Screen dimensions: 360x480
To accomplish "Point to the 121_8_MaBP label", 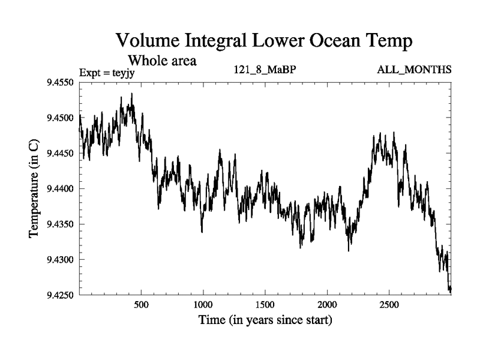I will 265,71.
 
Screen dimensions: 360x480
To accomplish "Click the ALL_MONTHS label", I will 414,71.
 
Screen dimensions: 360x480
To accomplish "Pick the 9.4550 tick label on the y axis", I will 60,82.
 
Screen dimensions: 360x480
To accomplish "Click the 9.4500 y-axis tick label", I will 60,118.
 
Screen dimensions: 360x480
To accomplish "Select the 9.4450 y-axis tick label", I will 60,153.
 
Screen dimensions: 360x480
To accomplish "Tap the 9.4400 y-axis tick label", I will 60,188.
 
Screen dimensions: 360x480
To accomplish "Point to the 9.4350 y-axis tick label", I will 60,224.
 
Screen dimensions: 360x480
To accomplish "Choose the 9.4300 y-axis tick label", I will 60,259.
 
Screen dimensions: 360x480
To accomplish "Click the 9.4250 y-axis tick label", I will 60,295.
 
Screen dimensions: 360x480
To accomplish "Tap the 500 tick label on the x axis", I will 141,304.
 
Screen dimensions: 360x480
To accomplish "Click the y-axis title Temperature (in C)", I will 35,188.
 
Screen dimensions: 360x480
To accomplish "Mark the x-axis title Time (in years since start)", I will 265,320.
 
